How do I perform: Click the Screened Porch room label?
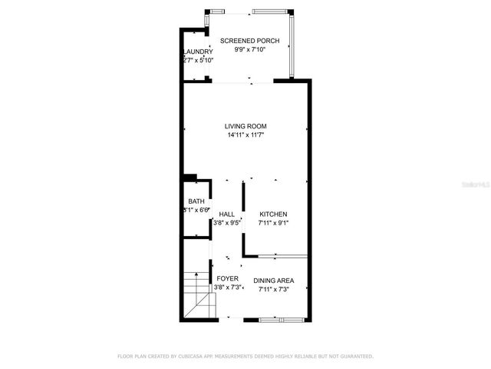[249, 41]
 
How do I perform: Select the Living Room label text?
[245, 126]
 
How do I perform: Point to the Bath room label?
[196, 201]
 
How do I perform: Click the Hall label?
[226, 214]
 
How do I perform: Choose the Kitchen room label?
[273, 214]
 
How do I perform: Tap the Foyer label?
[227, 278]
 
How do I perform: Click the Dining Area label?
[274, 281]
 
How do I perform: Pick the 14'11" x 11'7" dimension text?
[245, 135]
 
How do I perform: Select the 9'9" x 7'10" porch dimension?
[249, 50]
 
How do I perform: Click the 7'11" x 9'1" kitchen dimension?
[273, 223]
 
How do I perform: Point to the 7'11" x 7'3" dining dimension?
[274, 290]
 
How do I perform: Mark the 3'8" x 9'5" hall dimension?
[226, 223]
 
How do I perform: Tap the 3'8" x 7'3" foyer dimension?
[228, 288]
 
